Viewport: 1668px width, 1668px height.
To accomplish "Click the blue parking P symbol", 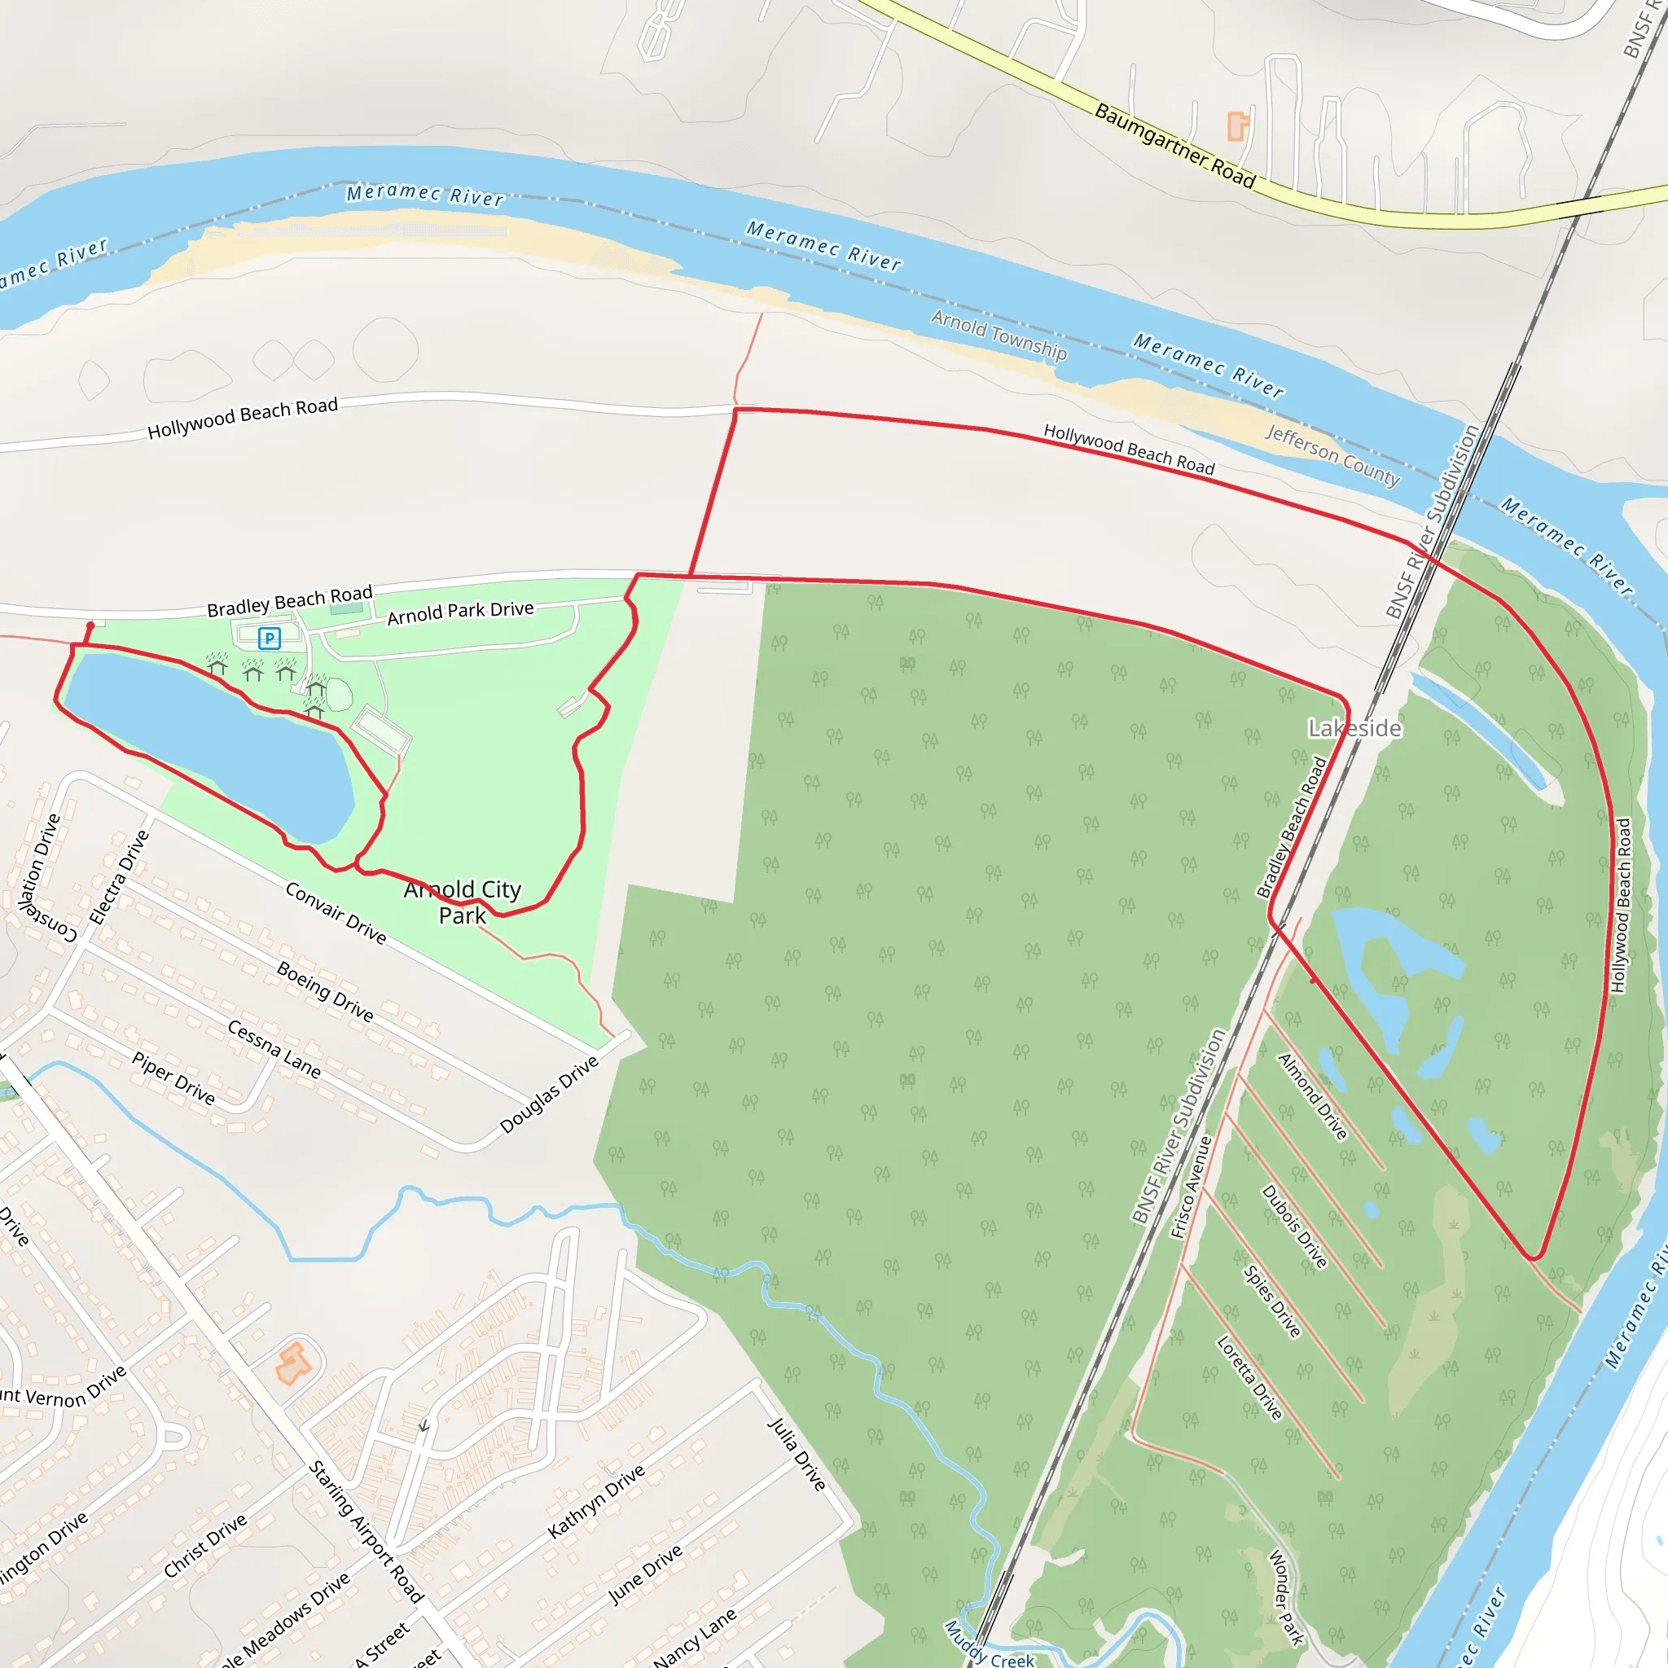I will (270, 638).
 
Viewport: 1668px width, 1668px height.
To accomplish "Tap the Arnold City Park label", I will (463, 902).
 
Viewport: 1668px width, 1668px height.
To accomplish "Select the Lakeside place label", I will (1354, 729).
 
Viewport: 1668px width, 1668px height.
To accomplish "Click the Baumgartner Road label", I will (1174, 145).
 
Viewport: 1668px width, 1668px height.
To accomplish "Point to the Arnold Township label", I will (999, 336).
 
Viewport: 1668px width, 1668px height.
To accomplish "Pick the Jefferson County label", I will (1332, 455).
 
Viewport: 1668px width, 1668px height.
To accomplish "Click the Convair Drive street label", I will (336, 912).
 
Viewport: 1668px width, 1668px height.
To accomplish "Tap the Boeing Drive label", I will (325, 991).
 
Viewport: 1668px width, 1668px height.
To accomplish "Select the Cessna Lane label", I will (274, 1049).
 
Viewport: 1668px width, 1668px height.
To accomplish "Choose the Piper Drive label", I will (173, 1078).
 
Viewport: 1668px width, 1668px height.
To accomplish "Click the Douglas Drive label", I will (549, 1094).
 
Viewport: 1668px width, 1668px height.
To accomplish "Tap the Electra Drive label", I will (119, 877).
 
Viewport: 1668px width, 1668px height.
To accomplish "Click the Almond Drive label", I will (1312, 1096).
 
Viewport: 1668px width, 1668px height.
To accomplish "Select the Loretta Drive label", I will (1249, 1378).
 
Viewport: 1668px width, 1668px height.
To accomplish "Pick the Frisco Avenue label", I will (1191, 1187).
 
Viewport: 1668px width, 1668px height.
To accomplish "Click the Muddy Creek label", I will (990, 1645).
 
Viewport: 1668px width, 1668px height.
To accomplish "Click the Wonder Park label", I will (1285, 1598).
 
